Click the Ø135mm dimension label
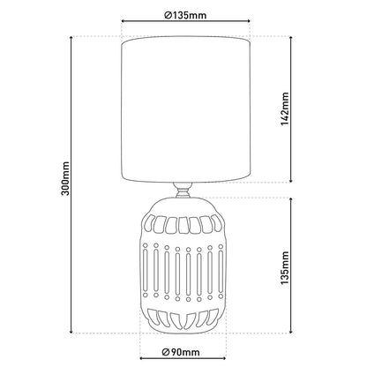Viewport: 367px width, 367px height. [x=185, y=15]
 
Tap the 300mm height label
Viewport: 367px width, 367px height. [x=65, y=178]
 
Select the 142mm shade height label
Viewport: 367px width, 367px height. [x=285, y=109]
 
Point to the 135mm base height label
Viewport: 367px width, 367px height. [x=285, y=268]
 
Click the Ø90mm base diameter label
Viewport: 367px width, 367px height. [x=181, y=352]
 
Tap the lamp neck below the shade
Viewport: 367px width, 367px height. [x=183, y=190]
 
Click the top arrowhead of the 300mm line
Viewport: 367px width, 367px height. [x=71, y=38]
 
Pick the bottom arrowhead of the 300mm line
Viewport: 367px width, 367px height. [x=71, y=331]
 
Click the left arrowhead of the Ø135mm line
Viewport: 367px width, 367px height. [x=124, y=21]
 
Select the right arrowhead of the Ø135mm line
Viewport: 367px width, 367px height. [x=248, y=21]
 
